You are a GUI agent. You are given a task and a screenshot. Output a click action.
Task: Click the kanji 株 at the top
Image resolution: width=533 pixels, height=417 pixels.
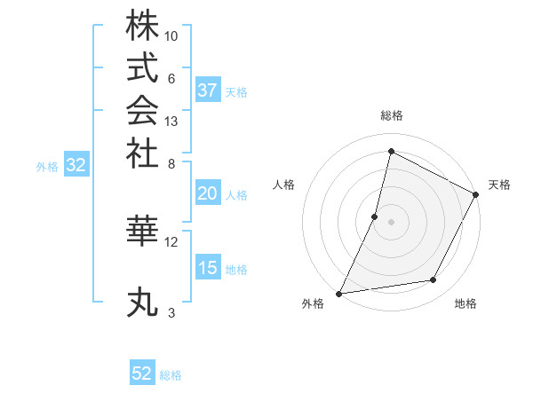[143, 26]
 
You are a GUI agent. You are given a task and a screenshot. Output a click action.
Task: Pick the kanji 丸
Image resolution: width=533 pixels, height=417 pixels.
[143, 302]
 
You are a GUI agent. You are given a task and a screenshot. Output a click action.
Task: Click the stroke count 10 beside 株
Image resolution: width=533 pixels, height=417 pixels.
[171, 36]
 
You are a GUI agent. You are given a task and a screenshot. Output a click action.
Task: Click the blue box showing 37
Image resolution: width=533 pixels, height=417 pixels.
[208, 90]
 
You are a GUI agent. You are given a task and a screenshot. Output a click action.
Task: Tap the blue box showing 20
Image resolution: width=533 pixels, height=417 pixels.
[208, 194]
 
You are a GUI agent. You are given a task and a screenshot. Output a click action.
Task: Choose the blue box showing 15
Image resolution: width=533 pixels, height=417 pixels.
[208, 268]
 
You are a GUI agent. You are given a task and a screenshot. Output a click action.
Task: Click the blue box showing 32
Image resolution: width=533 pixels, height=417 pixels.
[76, 165]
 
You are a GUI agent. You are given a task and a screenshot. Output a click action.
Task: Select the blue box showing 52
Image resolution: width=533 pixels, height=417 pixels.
[142, 374]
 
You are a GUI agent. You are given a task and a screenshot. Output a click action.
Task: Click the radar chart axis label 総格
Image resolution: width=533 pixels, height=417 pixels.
[392, 115]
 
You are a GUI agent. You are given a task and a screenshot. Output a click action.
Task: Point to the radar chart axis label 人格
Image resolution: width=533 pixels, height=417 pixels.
[284, 185]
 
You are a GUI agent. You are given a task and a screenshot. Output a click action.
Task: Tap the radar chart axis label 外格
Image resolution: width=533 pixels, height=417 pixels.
[313, 304]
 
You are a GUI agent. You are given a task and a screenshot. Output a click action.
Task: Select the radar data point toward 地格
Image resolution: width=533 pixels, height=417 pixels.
[434, 280]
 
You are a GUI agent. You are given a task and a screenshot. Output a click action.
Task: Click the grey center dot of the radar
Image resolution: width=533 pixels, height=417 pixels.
[392, 222]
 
